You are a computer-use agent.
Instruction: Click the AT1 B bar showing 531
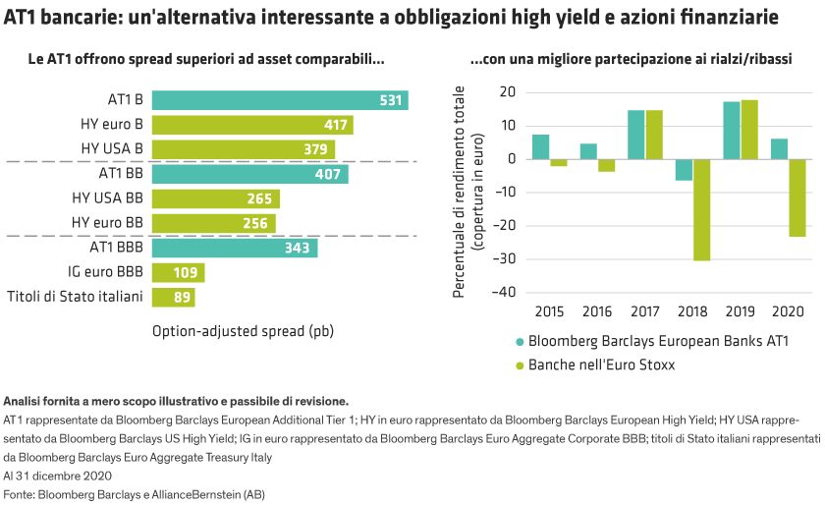click(280, 100)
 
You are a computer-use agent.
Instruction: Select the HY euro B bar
click(252, 125)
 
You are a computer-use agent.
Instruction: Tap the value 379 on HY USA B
click(315, 149)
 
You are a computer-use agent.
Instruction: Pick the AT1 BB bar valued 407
click(249, 174)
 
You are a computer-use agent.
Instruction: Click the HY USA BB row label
click(107, 198)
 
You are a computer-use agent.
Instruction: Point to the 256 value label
click(255, 223)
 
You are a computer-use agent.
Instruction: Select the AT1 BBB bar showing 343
click(235, 248)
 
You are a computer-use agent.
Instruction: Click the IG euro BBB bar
click(178, 272)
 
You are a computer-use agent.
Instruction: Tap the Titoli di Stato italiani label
click(76, 297)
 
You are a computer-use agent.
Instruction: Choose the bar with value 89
click(174, 297)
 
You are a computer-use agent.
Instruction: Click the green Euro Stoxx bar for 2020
click(797, 197)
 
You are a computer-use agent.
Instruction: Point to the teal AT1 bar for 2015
click(541, 146)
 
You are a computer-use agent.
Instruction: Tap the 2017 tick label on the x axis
click(645, 310)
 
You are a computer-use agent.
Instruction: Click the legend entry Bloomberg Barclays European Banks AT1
click(658, 343)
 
